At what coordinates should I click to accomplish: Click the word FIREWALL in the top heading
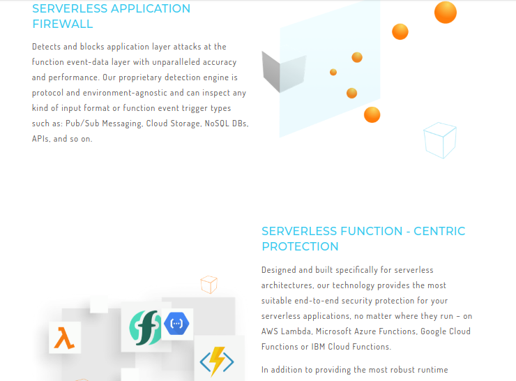tap(63, 24)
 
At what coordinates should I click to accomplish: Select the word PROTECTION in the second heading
tap(300, 246)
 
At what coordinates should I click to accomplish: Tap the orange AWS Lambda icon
tap(64, 338)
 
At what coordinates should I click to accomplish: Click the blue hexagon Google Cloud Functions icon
tap(176, 323)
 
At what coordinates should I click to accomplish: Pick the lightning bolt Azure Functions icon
tap(217, 361)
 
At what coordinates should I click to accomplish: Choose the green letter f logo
tap(146, 328)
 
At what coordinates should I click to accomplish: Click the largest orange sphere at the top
tap(446, 12)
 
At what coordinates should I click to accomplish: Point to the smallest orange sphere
tap(333, 72)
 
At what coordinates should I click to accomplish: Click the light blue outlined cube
tap(440, 140)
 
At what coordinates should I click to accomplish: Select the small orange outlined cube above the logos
tap(209, 284)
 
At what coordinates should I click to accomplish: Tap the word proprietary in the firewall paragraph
tap(140, 77)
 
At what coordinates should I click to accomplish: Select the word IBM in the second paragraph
tap(318, 347)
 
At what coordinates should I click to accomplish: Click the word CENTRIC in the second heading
tap(439, 231)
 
